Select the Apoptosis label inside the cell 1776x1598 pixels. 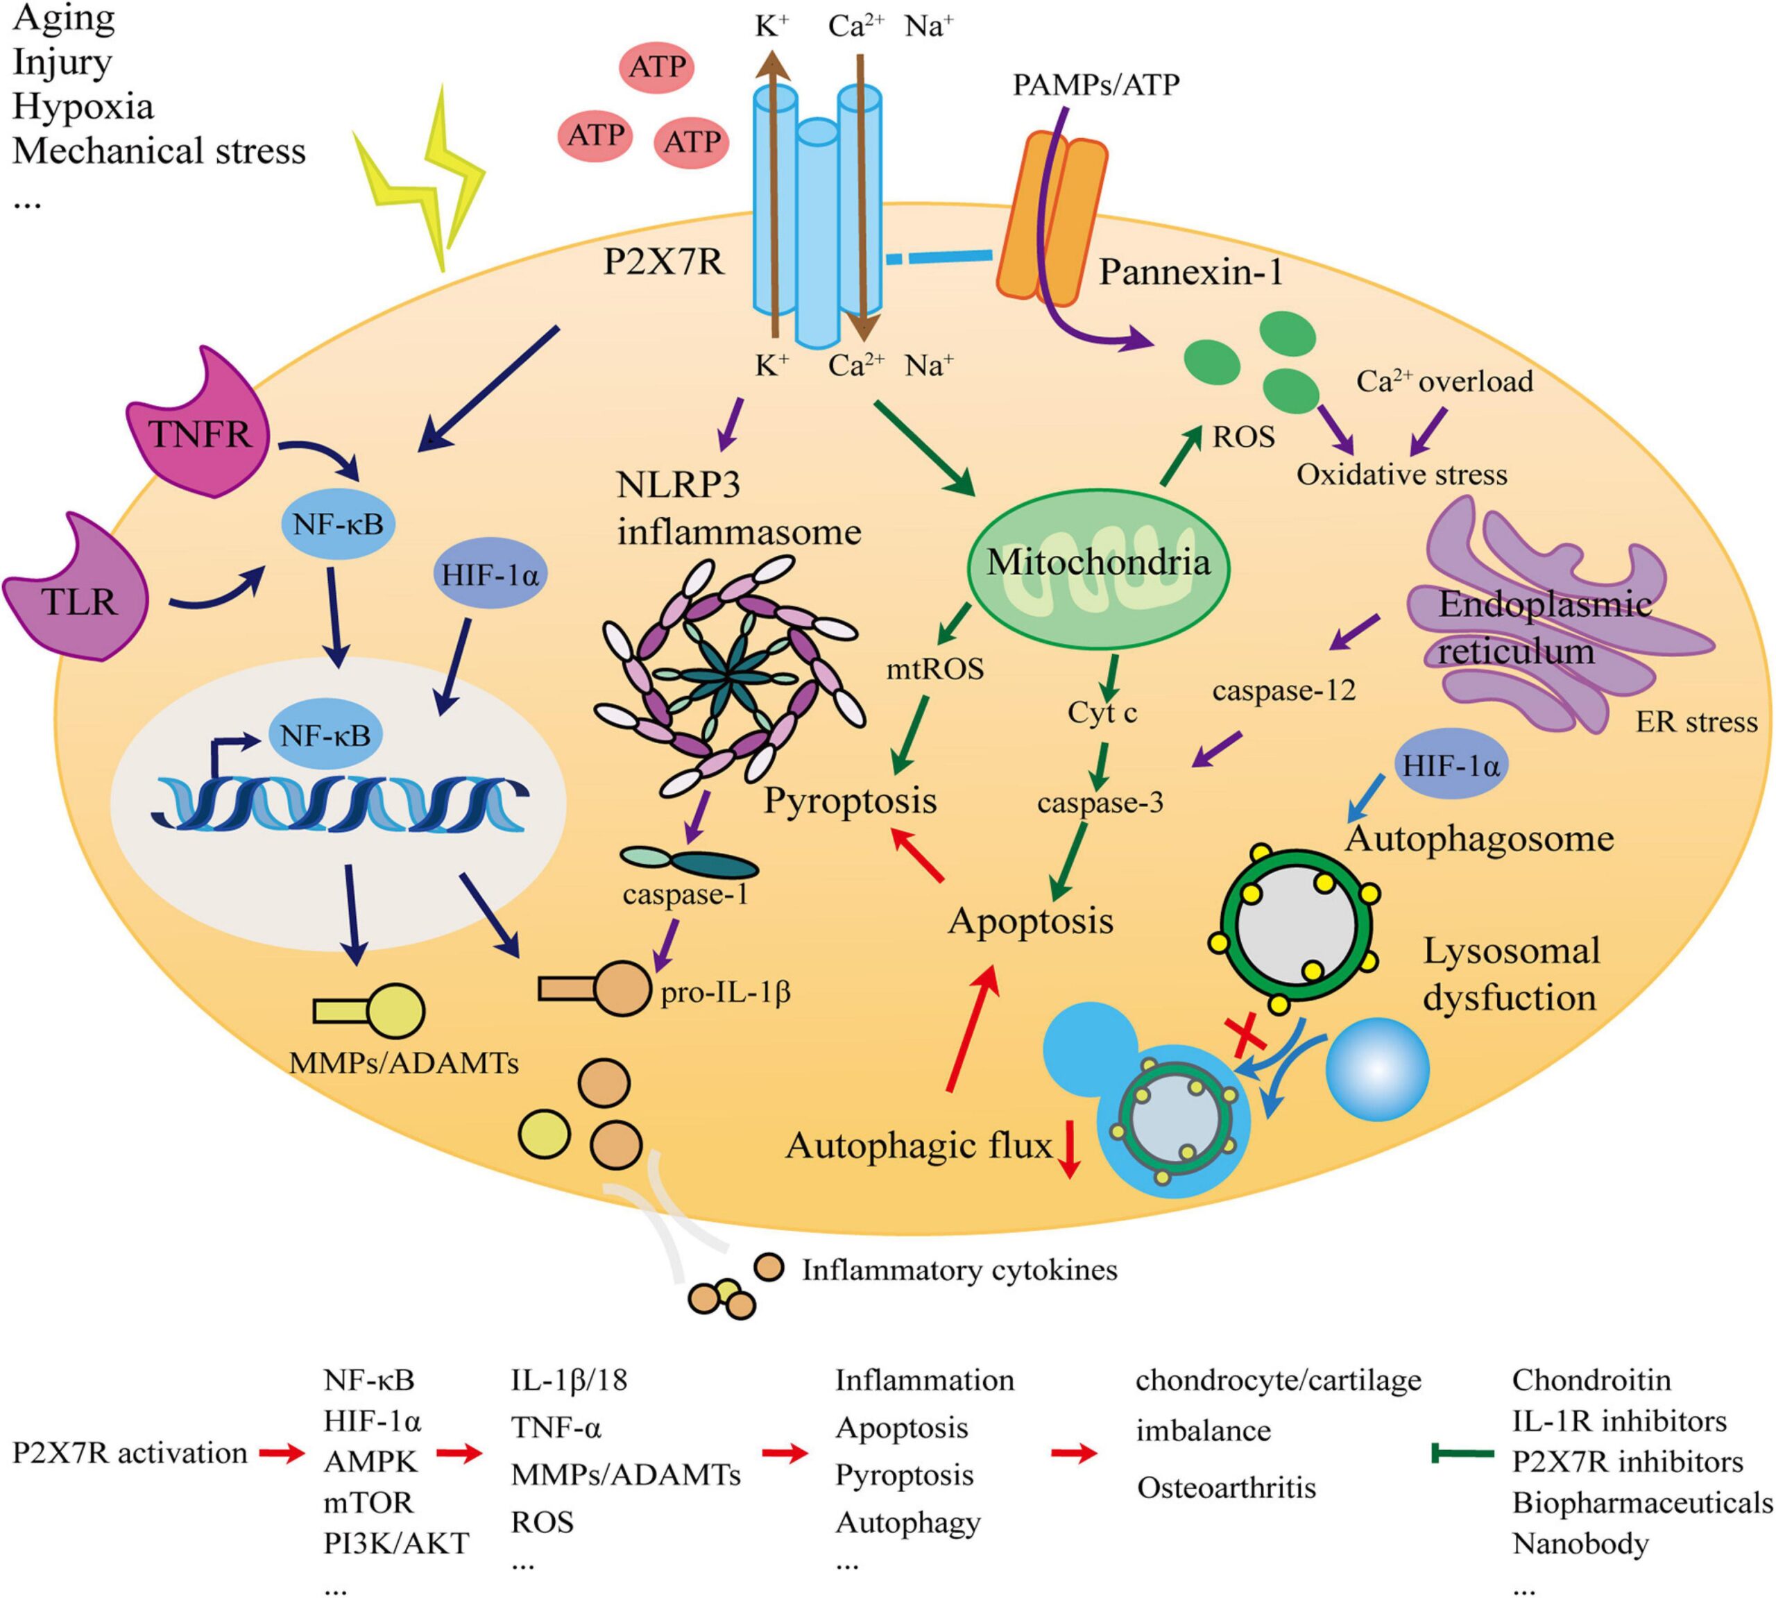(1030, 921)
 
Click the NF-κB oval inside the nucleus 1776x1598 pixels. (325, 734)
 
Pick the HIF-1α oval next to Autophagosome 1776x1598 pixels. (1451, 765)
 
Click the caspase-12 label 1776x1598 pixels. (1283, 691)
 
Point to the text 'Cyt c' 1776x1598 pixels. (1102, 712)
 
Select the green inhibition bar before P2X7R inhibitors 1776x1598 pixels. (1462, 1454)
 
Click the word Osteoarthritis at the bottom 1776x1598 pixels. (1227, 1488)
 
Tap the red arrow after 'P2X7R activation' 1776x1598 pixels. (281, 1454)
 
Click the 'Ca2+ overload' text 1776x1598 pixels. (1444, 381)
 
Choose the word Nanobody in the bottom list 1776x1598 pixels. (1580, 1542)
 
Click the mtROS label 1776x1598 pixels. (935, 669)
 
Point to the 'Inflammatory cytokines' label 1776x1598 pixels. (959, 1270)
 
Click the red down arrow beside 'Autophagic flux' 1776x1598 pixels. (1068, 1150)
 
